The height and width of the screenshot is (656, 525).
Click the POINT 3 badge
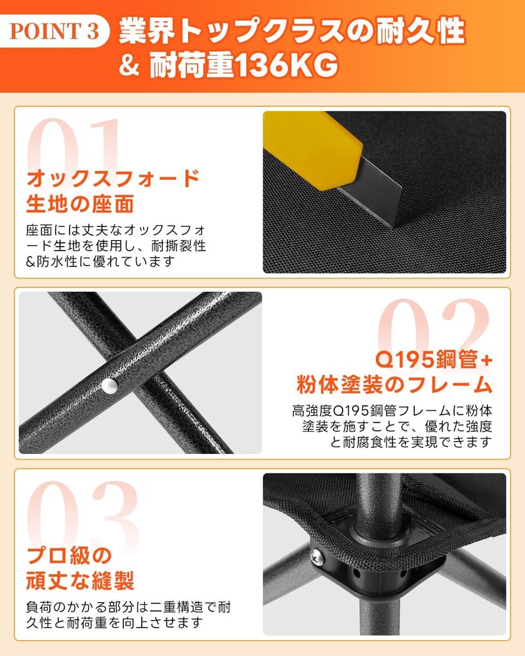click(x=54, y=31)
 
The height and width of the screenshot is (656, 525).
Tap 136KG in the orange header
click(x=285, y=65)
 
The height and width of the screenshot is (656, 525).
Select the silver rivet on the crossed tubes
click(x=110, y=386)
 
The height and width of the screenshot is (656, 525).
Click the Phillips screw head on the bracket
click(x=317, y=557)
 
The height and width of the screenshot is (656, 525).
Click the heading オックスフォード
click(x=113, y=178)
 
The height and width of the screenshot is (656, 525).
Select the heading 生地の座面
click(x=80, y=204)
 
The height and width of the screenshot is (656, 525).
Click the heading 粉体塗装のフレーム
click(x=394, y=384)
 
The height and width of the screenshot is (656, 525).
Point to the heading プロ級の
click(x=69, y=556)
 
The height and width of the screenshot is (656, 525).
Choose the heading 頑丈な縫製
click(x=80, y=581)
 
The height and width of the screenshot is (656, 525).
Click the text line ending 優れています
click(x=100, y=262)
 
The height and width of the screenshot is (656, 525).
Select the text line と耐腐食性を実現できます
click(x=411, y=442)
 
